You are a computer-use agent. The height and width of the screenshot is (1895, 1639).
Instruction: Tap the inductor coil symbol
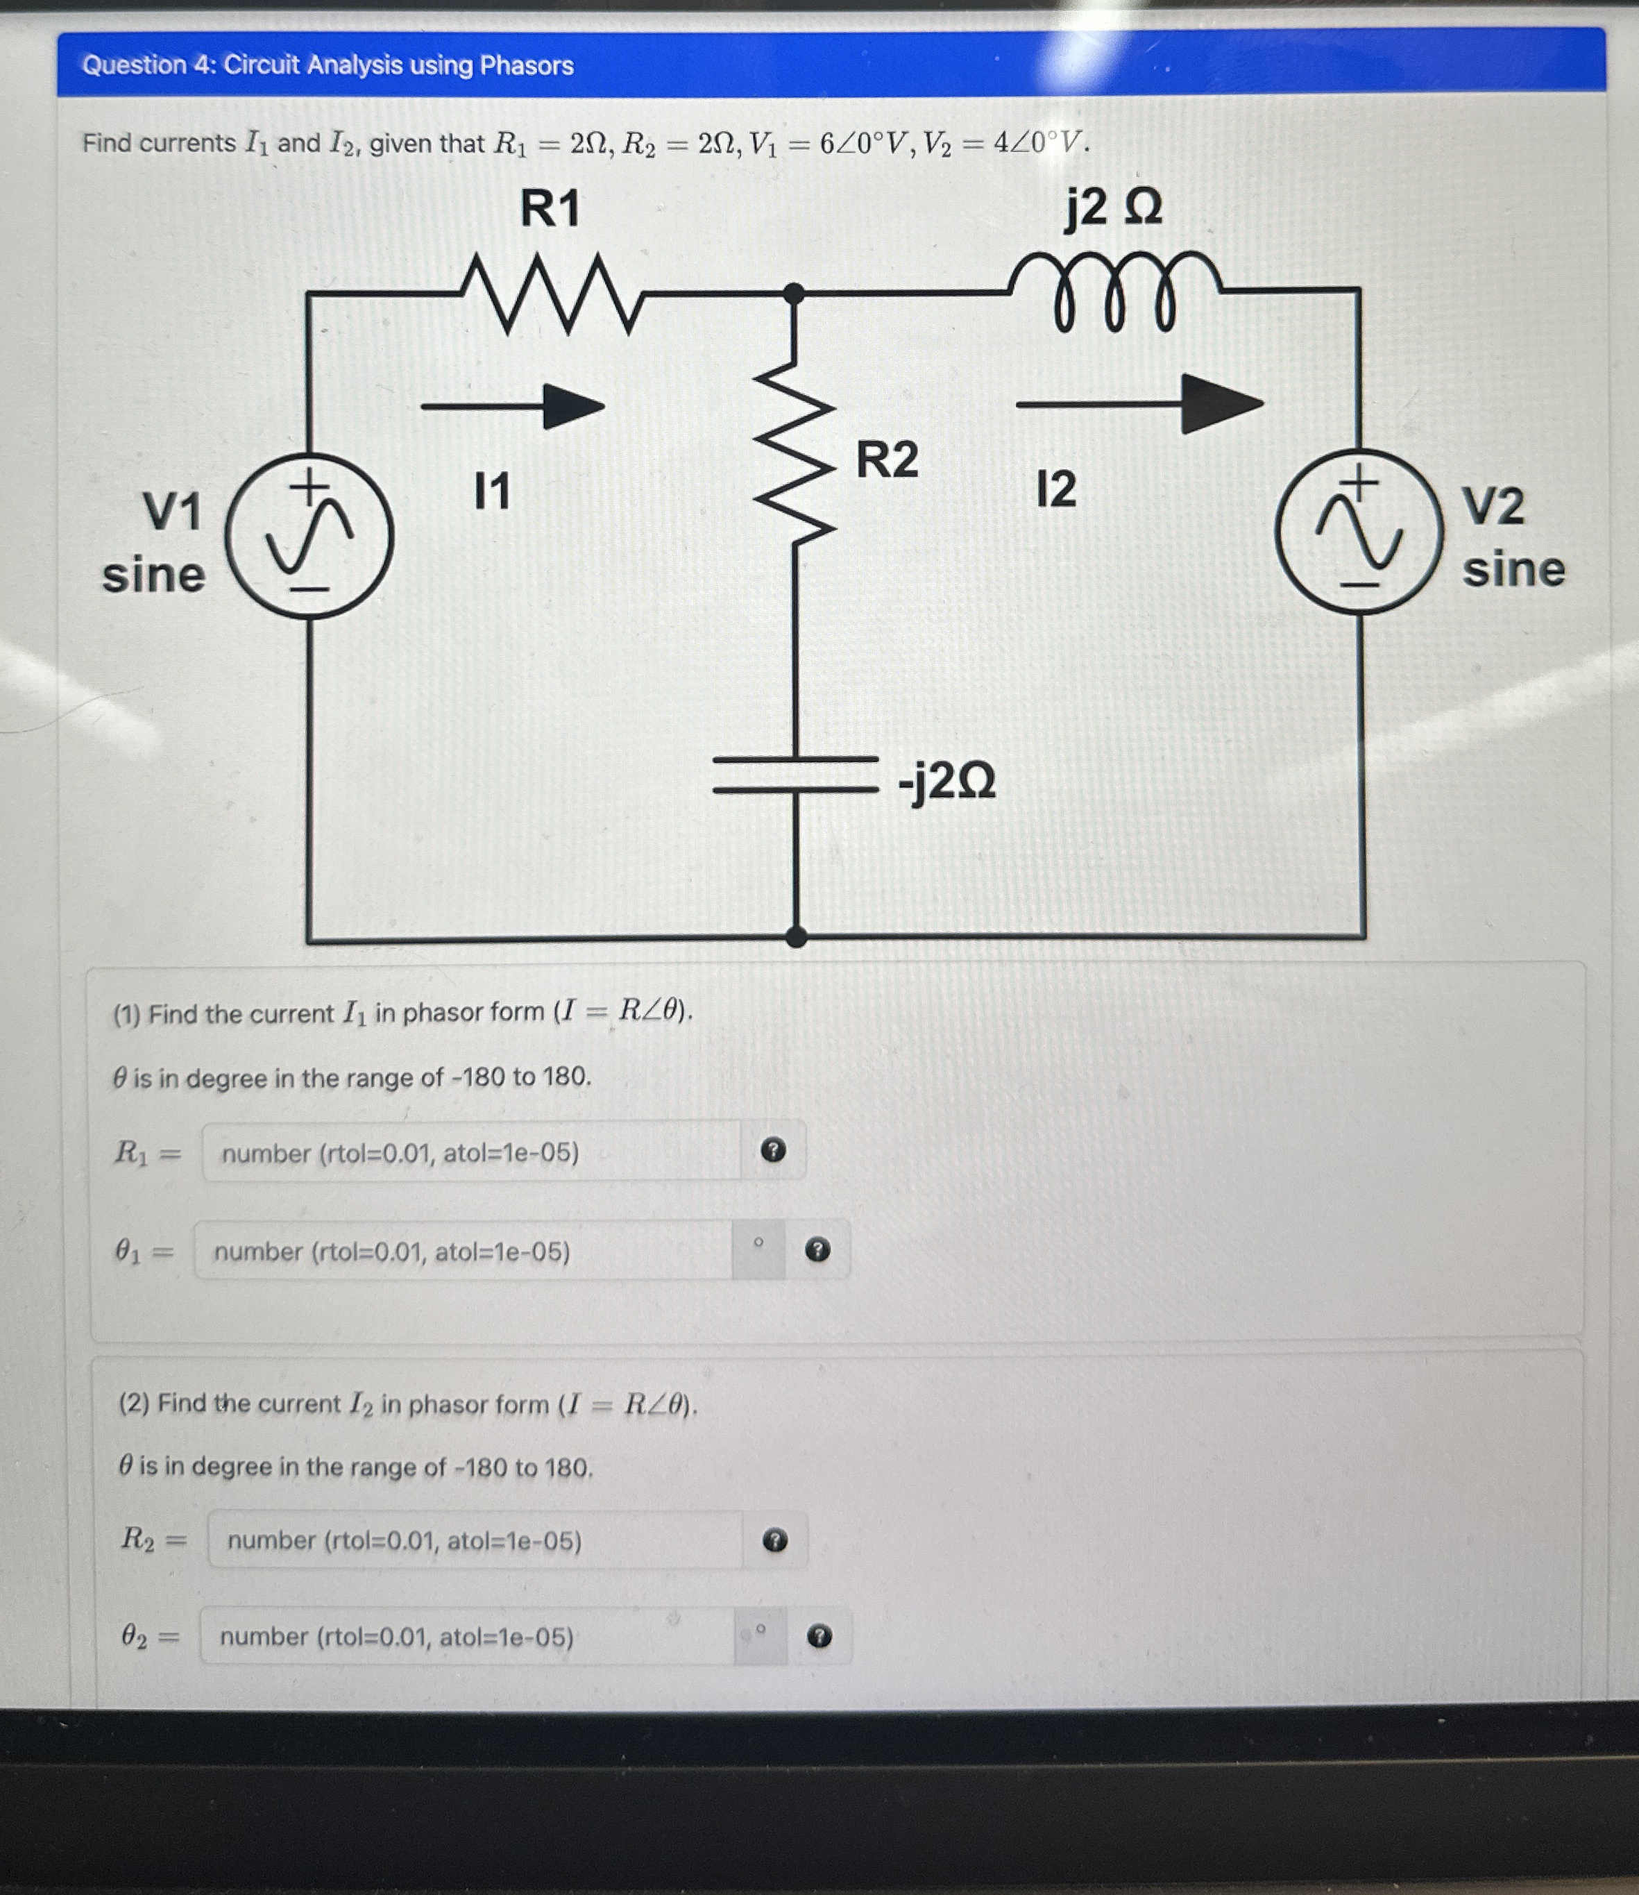point(1114,291)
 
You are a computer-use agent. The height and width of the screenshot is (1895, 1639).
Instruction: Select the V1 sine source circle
point(310,536)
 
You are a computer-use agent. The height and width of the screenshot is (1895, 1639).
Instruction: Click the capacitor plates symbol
point(795,774)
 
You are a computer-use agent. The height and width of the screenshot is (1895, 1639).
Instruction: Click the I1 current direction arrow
point(514,405)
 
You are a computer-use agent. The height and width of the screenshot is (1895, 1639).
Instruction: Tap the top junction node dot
point(795,293)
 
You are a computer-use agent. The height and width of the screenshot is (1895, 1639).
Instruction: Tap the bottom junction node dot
point(796,936)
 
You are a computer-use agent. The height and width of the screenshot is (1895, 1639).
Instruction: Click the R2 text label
point(886,460)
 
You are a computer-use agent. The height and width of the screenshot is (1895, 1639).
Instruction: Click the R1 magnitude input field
point(471,1152)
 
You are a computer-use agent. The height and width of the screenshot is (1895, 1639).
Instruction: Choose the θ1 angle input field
point(463,1251)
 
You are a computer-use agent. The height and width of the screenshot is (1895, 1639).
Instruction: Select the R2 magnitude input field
point(475,1541)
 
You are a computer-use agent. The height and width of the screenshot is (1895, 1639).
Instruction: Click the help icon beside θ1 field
point(817,1250)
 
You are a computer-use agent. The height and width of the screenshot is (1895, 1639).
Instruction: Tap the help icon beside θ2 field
point(819,1636)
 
